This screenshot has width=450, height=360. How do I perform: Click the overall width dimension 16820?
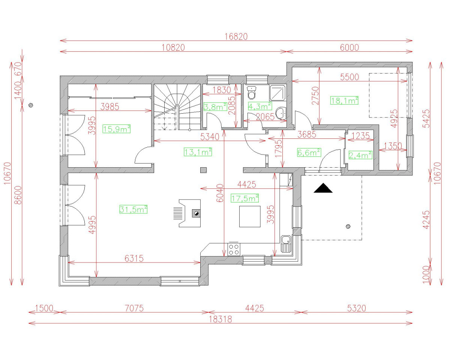[236, 36]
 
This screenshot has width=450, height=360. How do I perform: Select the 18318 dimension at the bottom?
[220, 319]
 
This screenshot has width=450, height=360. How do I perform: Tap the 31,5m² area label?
[133, 209]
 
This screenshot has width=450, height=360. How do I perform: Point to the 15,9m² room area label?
[117, 129]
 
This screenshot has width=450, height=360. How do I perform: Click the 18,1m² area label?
[344, 100]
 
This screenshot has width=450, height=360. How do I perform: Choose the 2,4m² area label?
[360, 155]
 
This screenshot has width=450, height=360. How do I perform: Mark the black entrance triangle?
[323, 188]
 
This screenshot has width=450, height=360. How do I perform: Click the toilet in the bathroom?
[252, 91]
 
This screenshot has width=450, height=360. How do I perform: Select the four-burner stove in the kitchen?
[234, 249]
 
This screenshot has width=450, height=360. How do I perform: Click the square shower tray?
[277, 92]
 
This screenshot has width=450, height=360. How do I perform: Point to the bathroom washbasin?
[280, 112]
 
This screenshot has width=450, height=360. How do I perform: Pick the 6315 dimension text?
[134, 258]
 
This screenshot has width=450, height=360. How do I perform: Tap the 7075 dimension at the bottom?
[134, 308]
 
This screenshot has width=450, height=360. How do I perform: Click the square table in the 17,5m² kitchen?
[250, 216]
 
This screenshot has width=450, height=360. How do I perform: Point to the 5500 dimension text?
[349, 77]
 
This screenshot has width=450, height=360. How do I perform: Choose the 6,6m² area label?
[309, 152]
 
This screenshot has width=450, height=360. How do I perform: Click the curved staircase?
[177, 106]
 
